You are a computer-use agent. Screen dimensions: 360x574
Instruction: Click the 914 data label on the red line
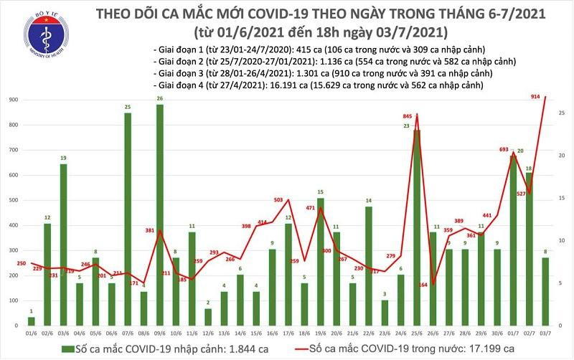click(535, 97)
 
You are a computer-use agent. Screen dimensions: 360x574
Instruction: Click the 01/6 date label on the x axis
click(31, 332)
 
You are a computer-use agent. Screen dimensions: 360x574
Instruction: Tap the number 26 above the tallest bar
click(159, 98)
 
